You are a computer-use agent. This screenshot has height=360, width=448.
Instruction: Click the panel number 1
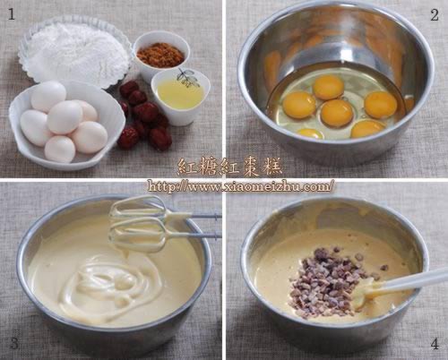[x=11, y=14]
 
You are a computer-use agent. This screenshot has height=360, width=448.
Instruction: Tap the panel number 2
[x=435, y=15]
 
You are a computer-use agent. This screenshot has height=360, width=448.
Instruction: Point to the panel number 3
[x=14, y=343]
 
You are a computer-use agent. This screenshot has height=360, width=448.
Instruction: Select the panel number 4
[x=435, y=344]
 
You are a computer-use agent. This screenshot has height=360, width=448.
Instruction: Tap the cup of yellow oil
[x=180, y=96]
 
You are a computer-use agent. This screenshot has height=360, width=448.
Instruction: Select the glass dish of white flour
[x=76, y=52]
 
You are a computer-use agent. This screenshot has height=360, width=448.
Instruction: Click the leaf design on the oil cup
[x=187, y=78]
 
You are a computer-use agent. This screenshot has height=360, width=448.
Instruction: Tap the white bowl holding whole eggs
[x=65, y=125]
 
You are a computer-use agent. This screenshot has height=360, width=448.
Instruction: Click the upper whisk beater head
[x=138, y=208]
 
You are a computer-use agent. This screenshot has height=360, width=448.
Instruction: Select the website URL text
[x=241, y=186]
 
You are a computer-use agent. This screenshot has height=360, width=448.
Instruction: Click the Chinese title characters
[x=229, y=167]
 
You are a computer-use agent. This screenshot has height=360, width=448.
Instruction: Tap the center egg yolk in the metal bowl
[x=337, y=113]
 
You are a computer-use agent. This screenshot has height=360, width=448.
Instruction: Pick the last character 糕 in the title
[x=271, y=167]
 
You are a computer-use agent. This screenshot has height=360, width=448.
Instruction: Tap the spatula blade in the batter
[x=369, y=294]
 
